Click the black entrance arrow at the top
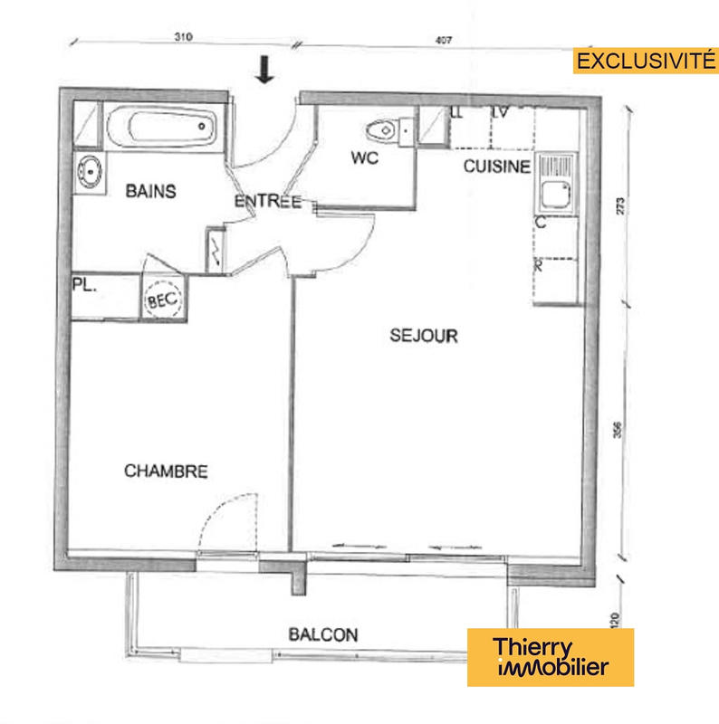[x=264, y=70]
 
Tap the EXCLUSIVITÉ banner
[x=641, y=61]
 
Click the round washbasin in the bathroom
[x=89, y=170]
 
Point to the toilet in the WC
[x=387, y=130]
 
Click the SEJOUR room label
[x=424, y=336]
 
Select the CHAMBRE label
[x=166, y=472]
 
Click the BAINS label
[x=150, y=191]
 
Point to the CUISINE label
[x=496, y=167]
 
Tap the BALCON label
[x=323, y=635]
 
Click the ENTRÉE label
[x=267, y=201]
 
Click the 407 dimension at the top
[x=443, y=40]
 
